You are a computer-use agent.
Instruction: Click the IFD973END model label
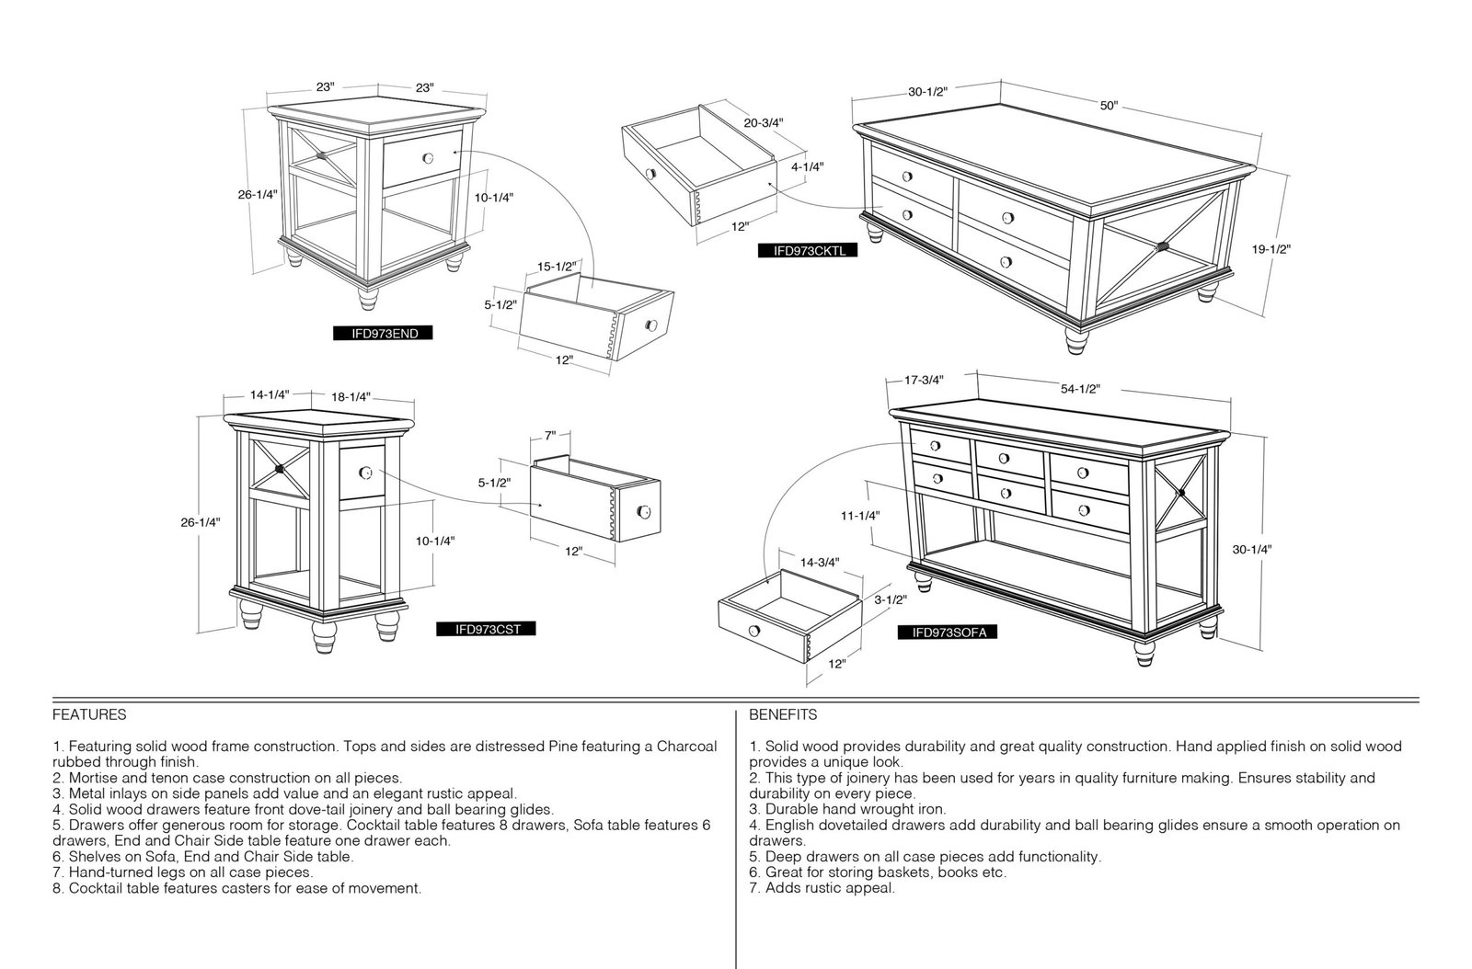[383, 333]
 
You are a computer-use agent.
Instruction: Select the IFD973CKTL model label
[808, 250]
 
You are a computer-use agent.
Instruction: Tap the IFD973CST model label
[487, 629]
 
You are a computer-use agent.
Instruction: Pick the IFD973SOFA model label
[948, 633]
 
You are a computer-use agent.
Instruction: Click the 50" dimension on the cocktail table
[1110, 106]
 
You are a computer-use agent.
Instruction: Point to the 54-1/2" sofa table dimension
[1080, 389]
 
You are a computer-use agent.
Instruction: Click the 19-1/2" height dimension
[1271, 249]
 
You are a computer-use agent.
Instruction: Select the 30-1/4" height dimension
[1252, 550]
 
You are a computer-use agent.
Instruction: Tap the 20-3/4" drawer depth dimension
[764, 122]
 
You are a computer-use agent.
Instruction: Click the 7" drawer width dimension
[550, 435]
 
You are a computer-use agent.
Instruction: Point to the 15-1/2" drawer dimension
[557, 267]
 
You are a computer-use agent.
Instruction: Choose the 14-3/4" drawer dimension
[820, 562]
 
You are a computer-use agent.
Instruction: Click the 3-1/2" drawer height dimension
[891, 599]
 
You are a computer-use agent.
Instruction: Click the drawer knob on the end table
[428, 157]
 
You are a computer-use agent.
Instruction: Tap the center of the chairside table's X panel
[280, 469]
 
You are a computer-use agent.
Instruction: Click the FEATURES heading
[89, 714]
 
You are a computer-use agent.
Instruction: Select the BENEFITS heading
[783, 714]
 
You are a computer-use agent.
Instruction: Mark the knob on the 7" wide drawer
[644, 511]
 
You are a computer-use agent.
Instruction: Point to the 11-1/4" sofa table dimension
[860, 516]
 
